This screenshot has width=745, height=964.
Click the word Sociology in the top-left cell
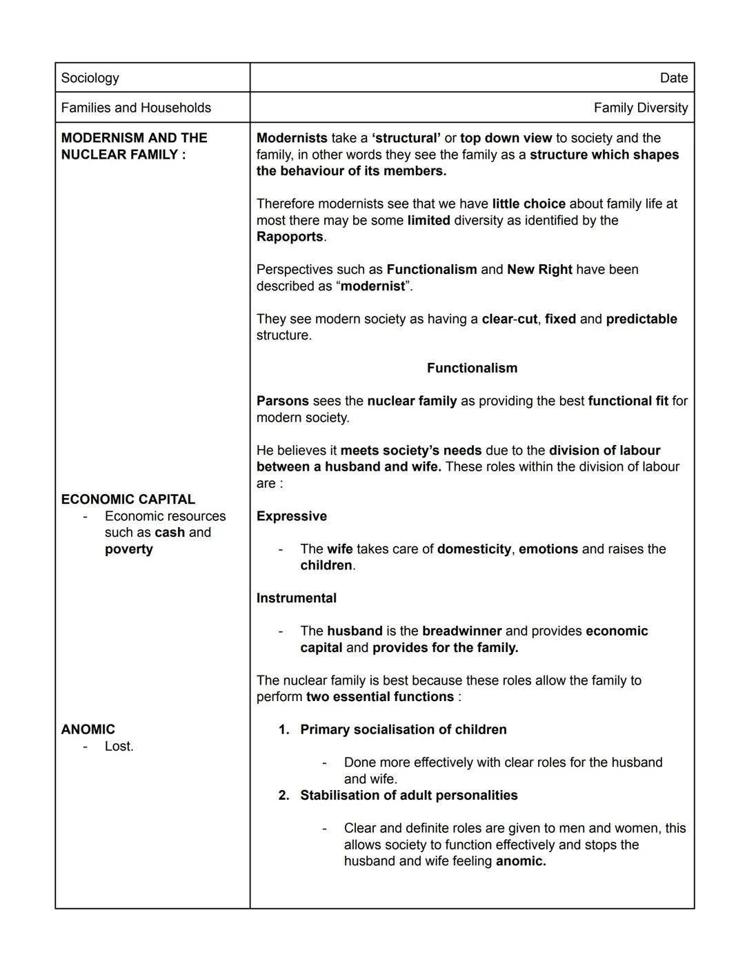tap(90, 78)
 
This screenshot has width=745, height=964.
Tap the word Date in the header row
tap(673, 78)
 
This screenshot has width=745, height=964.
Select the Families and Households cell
tap(136, 108)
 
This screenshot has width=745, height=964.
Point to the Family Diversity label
tap(640, 108)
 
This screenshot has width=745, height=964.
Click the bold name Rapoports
tap(290, 237)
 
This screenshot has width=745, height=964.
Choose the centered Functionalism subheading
tap(472, 368)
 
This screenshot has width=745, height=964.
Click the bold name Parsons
tap(282, 401)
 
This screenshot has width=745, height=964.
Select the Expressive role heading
tap(292, 516)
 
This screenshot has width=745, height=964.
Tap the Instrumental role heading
tap(297, 598)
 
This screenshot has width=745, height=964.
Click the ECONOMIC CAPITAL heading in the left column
tap(128, 499)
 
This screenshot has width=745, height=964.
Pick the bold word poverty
tap(129, 549)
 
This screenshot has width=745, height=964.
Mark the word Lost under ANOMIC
tap(119, 746)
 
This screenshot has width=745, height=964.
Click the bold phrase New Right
tap(539, 269)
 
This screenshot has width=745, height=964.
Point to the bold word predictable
tap(642, 319)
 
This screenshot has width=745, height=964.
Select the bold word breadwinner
tap(461, 631)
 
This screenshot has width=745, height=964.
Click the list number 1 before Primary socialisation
tap(283, 729)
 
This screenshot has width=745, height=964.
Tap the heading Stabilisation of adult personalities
tap(408, 795)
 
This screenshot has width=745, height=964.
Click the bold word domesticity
tap(474, 549)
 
